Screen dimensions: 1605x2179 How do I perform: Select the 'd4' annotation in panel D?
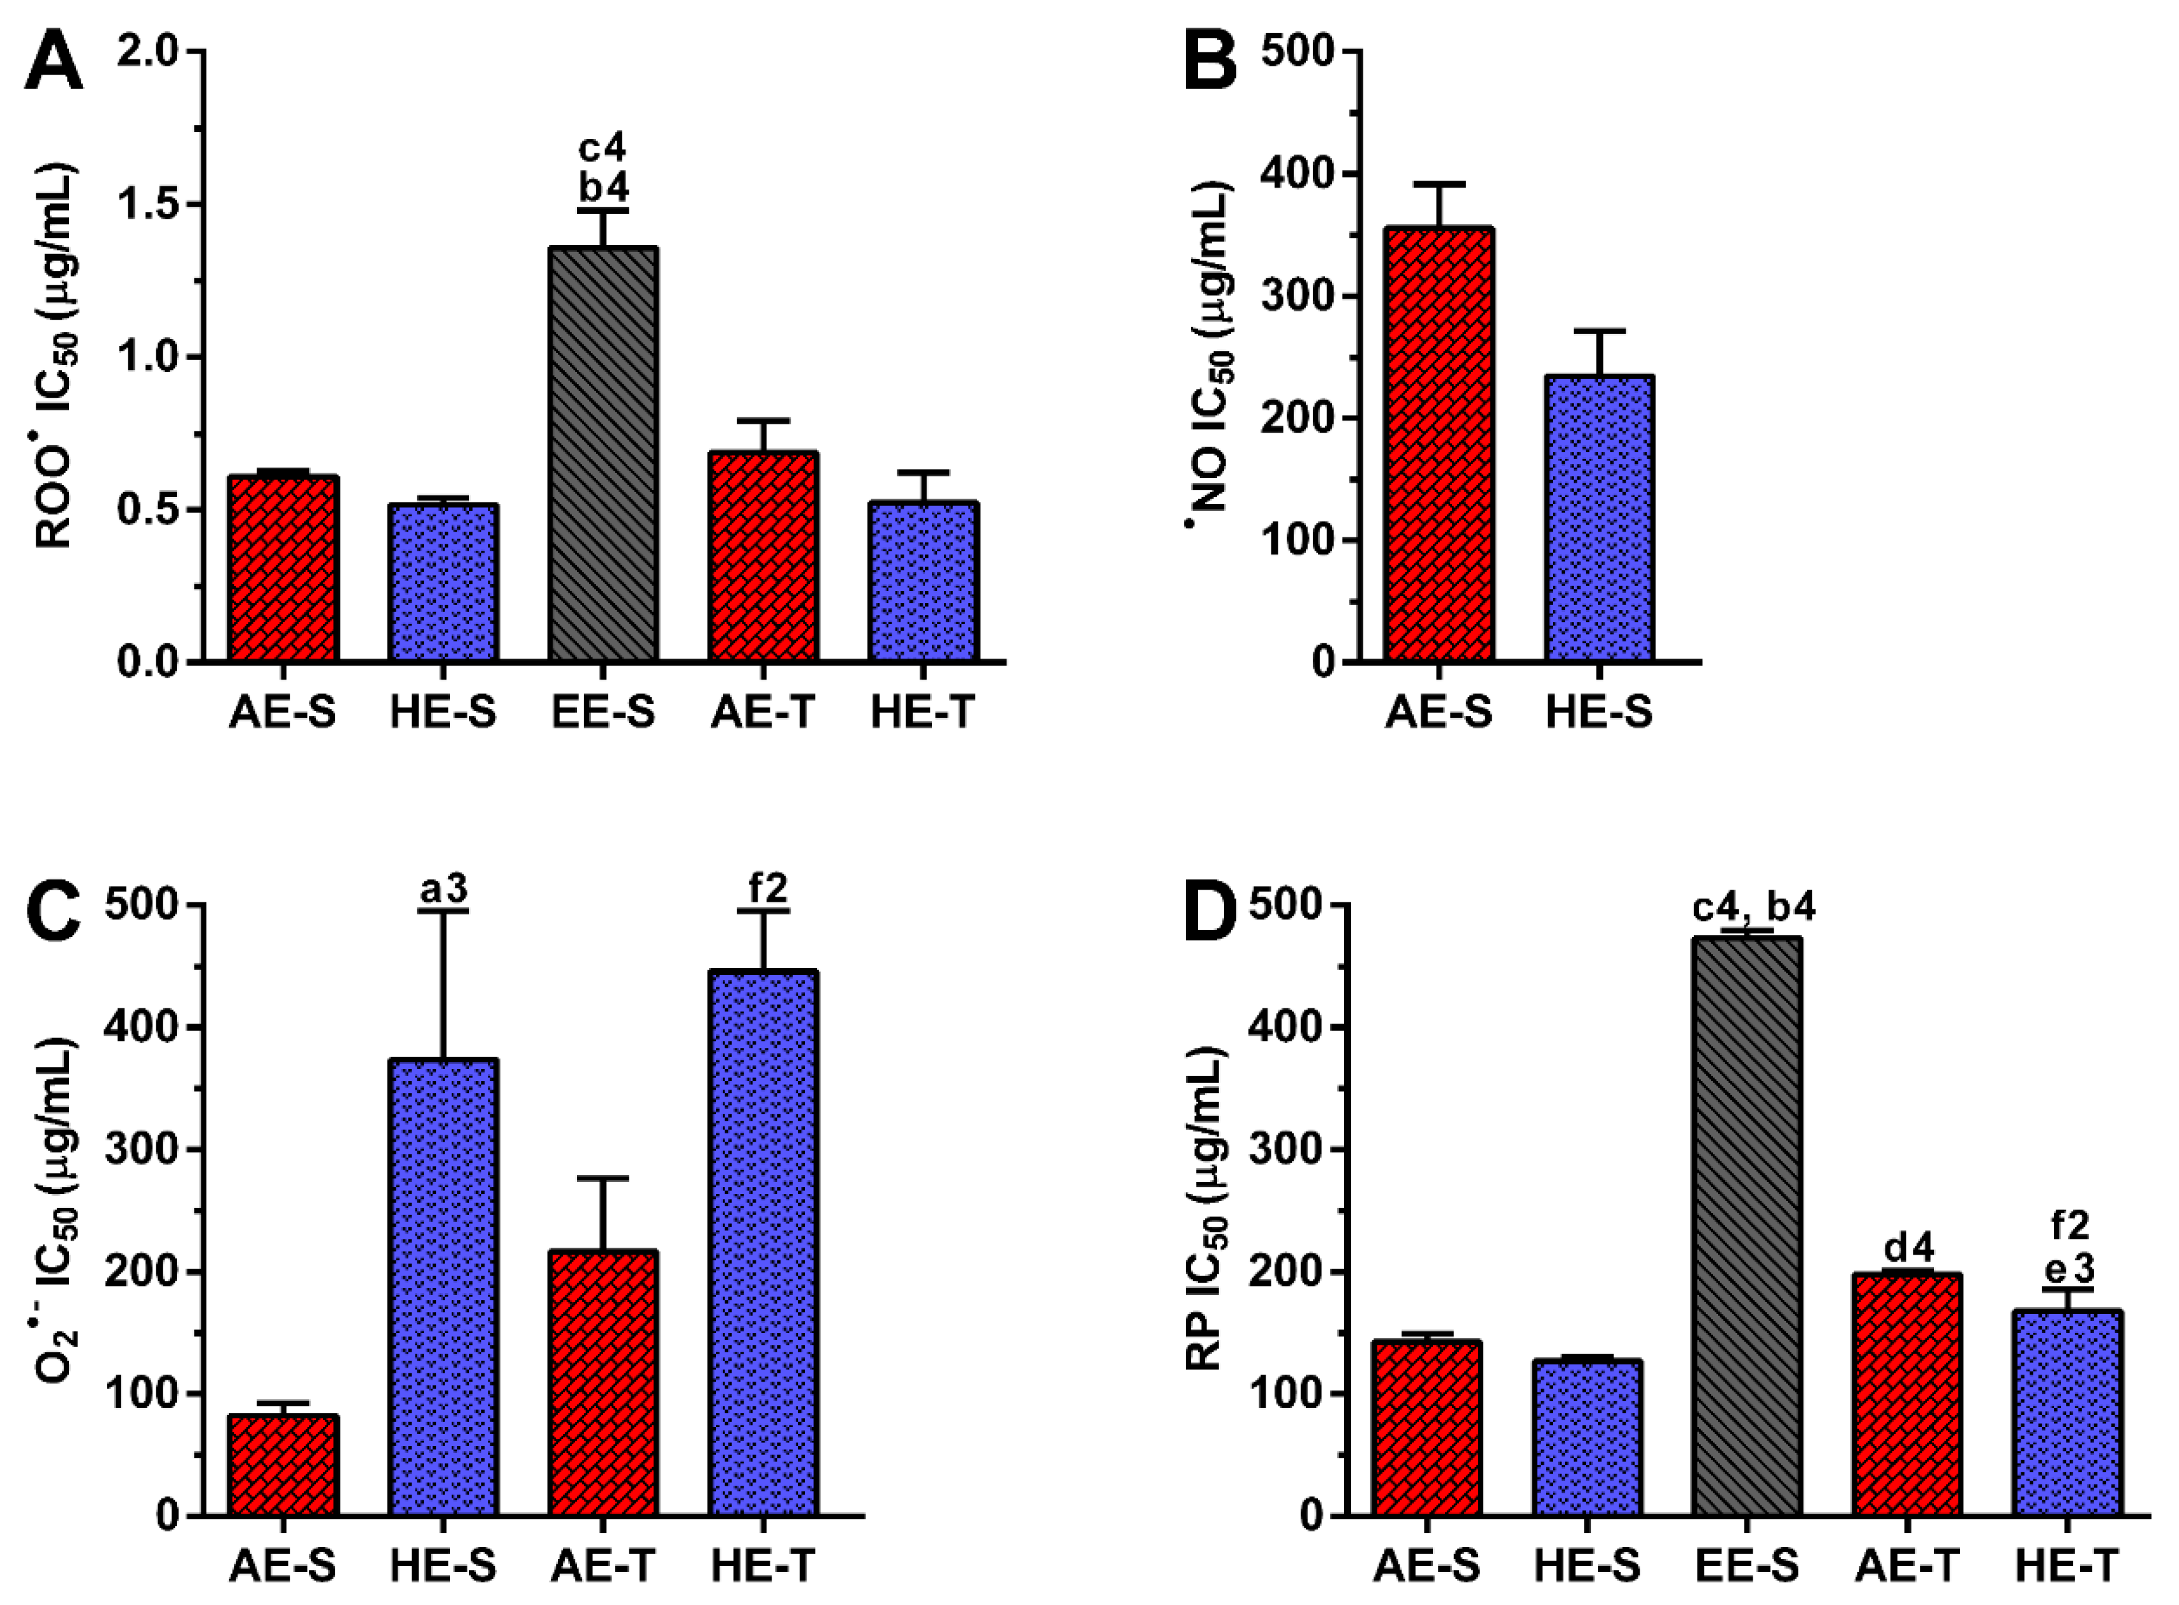[1908, 1246]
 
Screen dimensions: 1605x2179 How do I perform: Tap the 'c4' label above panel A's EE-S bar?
[603, 149]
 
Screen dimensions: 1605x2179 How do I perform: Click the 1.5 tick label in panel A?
[151, 205]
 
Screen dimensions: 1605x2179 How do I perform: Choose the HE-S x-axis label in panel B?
[1599, 713]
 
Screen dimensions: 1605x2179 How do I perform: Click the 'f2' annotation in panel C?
[763, 889]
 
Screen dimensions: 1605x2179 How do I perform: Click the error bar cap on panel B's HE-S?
[1599, 331]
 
